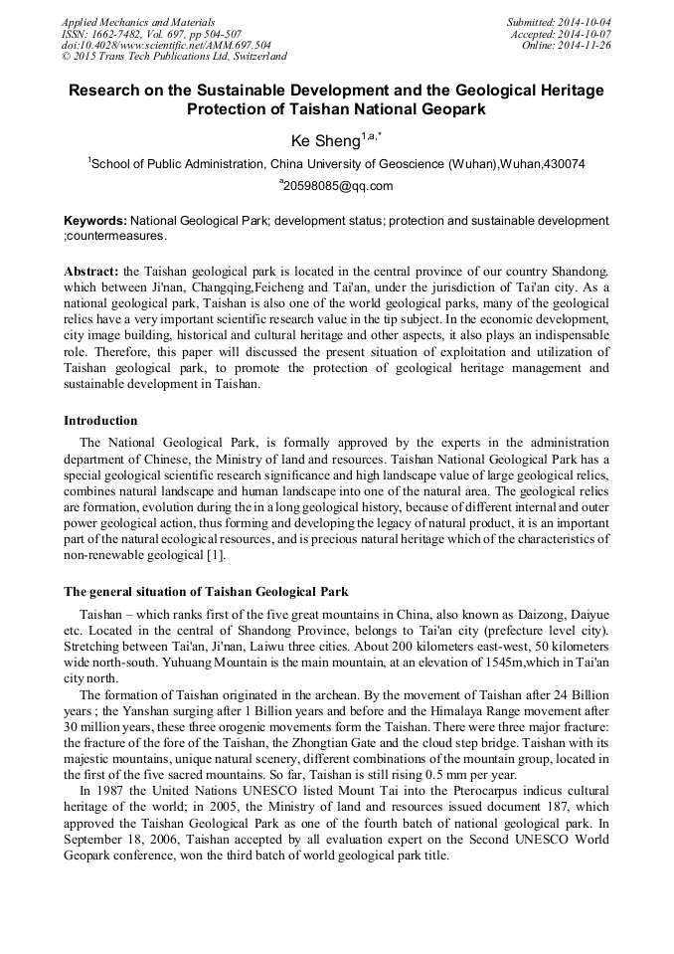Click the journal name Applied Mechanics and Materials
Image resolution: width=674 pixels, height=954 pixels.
click(x=137, y=22)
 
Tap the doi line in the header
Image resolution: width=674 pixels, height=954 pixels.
click(x=166, y=45)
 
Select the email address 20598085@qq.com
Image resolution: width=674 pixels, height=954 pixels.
click(x=338, y=186)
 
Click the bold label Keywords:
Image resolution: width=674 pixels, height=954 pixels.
click(x=94, y=221)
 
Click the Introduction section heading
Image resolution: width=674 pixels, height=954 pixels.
click(x=100, y=421)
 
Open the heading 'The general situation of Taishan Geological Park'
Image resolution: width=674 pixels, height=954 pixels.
click(x=206, y=591)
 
